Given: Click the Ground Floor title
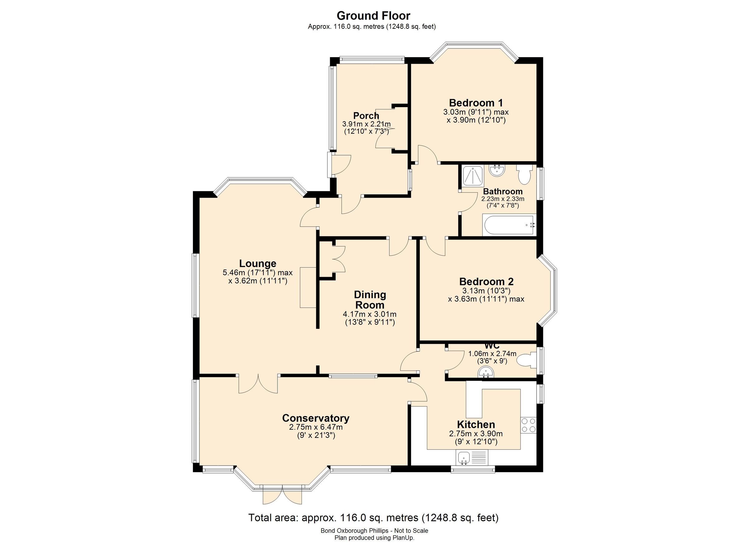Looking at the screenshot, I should point(373,16).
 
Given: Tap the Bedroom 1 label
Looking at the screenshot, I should point(476,103).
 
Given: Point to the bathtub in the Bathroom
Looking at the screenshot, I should point(508,226).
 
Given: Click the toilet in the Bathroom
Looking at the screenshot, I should point(524,174).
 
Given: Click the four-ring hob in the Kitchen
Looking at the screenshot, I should point(528,425).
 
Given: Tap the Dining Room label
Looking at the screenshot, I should point(370,300).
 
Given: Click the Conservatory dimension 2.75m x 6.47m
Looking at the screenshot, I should point(316,427).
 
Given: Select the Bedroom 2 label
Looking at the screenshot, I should point(486,282).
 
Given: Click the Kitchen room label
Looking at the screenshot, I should point(476,424).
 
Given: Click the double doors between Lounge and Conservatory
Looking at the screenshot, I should point(258,384).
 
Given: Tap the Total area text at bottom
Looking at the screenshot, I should point(373,518).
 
